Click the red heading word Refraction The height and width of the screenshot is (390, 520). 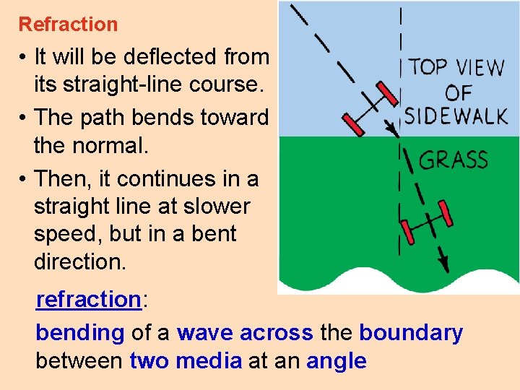[68, 25]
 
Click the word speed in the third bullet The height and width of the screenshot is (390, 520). [63, 234]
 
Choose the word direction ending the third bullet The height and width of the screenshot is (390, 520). [79, 261]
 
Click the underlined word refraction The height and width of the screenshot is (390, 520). [87, 299]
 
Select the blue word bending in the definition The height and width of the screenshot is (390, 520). [80, 333]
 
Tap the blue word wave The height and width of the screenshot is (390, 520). [205, 333]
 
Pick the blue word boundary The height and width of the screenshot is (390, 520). [410, 333]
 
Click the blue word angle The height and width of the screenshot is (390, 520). [336, 360]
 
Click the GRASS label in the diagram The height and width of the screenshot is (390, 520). [453, 160]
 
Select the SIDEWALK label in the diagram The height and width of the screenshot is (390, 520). [456, 116]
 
